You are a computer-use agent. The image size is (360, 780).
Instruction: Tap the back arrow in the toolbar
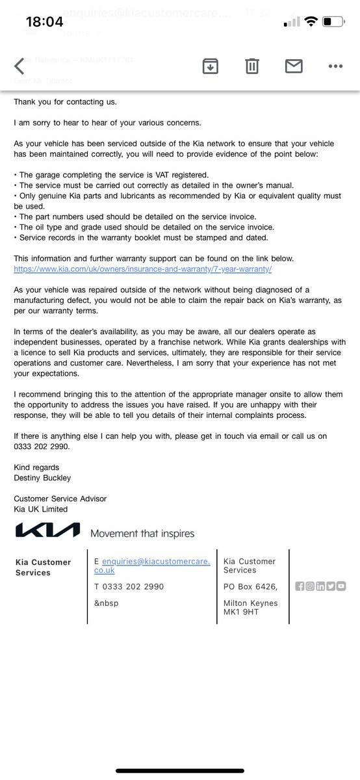(x=19, y=66)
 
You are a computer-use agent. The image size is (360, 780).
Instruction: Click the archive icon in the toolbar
(x=210, y=65)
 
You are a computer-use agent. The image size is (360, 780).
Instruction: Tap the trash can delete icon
(x=252, y=66)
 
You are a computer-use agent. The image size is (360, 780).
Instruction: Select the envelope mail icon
(x=294, y=66)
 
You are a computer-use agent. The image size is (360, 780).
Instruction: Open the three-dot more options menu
(x=335, y=66)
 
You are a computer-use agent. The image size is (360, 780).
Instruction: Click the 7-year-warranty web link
(x=142, y=269)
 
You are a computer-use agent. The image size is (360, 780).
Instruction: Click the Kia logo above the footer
(x=47, y=530)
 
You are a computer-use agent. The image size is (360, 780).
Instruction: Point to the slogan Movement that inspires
(x=142, y=534)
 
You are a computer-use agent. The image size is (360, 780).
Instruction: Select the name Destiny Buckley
(x=42, y=478)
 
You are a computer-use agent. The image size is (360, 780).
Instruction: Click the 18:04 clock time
(x=44, y=22)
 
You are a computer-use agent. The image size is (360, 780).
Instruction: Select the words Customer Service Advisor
(x=60, y=499)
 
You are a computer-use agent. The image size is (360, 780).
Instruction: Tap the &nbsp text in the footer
(x=106, y=603)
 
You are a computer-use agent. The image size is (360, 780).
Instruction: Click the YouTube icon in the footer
(x=341, y=586)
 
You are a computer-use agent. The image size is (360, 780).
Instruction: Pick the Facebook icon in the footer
(x=300, y=586)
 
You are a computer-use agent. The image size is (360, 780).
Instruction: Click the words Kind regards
(x=36, y=467)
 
